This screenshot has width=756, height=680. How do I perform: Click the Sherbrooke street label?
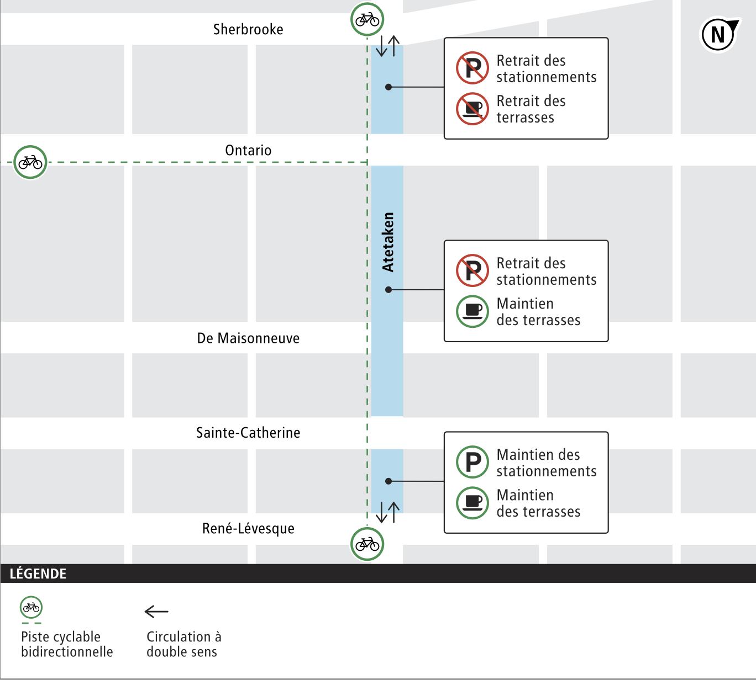[248, 29]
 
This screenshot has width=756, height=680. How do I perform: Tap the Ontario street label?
[248, 150]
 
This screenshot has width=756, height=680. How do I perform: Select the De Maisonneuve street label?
[248, 338]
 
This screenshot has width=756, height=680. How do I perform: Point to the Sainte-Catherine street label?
[248, 433]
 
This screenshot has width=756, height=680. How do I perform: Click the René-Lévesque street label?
[248, 529]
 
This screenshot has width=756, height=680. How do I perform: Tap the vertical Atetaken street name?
[389, 242]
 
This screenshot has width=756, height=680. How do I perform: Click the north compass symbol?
[719, 35]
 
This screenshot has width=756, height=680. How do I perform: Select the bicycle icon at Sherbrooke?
[368, 20]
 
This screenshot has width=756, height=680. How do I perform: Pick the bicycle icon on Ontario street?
[30, 162]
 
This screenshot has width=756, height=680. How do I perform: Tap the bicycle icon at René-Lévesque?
[368, 544]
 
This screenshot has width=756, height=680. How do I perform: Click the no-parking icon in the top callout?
[473, 68]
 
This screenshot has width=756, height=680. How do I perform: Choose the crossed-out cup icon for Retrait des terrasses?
[473, 109]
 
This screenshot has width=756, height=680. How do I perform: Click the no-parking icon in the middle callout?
[473, 271]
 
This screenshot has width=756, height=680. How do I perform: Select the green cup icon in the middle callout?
[473, 311]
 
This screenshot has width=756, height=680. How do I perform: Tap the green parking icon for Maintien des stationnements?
[473, 462]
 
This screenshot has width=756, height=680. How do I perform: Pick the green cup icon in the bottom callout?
[473, 503]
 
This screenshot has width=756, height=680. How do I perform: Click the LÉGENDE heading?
[38, 574]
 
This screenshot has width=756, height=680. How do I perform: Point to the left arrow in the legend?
[156, 612]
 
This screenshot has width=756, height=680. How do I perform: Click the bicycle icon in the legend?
[32, 608]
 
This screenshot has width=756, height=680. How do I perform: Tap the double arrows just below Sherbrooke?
[387, 46]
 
